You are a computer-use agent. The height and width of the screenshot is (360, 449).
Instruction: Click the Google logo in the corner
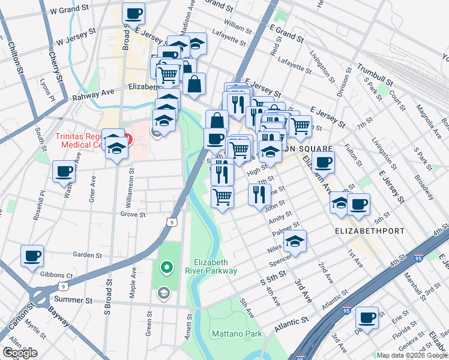point(20,353)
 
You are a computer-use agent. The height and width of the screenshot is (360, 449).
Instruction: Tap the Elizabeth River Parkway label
point(215,266)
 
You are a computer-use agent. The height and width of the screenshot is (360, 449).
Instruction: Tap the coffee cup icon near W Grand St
point(134,13)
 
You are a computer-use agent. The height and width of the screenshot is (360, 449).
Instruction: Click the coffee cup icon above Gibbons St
point(32,256)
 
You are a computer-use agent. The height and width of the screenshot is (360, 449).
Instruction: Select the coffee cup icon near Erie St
point(367,317)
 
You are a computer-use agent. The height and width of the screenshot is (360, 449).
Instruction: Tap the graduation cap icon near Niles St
point(295,241)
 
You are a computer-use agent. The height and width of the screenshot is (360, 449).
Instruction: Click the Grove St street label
point(133,214)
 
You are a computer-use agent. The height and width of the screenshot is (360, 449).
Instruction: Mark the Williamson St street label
point(132,186)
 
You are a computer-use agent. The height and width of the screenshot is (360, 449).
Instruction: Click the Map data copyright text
point(411,355)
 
